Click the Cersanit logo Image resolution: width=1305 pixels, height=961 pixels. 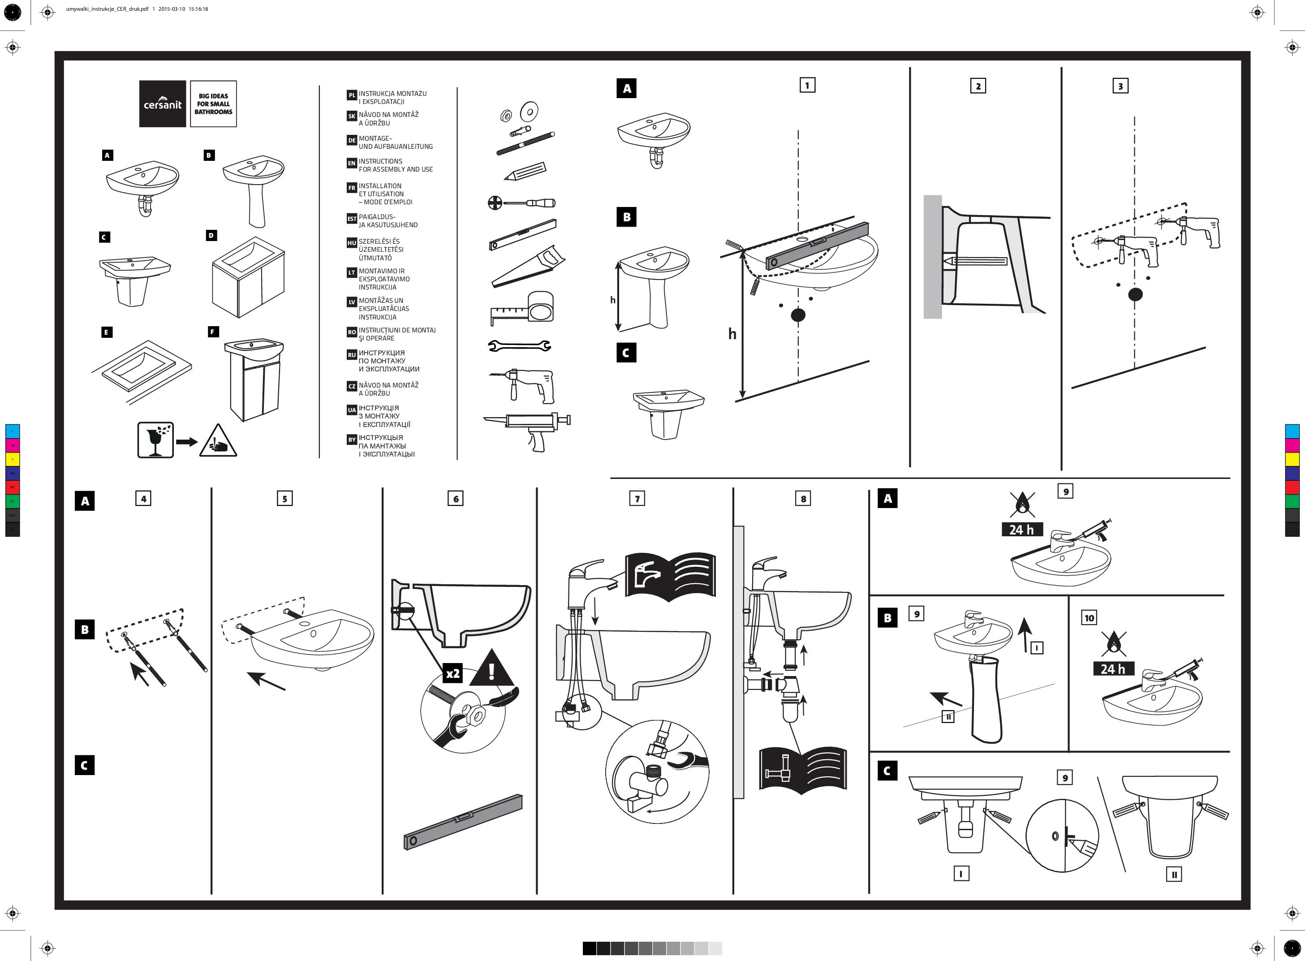pyautogui.click(x=162, y=103)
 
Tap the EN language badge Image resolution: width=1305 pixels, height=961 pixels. pyautogui.click(x=351, y=164)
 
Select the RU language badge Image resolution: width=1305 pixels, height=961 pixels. pyautogui.click(x=351, y=355)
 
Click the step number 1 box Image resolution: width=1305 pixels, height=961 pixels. pyautogui.click(x=807, y=86)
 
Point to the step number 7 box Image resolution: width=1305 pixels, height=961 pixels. pyautogui.click(x=637, y=499)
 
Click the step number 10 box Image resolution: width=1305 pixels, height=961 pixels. pyautogui.click(x=1089, y=618)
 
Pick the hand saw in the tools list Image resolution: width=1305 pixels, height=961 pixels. pyautogui.click(x=527, y=267)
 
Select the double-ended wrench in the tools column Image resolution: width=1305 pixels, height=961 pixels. pyautogui.click(x=519, y=346)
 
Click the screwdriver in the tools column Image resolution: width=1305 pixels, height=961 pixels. pyautogui.click(x=521, y=203)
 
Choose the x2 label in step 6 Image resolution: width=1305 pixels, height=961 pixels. pyautogui.click(x=452, y=674)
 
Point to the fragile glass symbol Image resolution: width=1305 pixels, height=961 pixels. pyautogui.click(x=155, y=440)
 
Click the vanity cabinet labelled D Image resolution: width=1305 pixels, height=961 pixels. pyautogui.click(x=248, y=277)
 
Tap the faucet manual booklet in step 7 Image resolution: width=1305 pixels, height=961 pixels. pyautogui.click(x=669, y=575)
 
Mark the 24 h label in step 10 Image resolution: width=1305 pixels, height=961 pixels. pyautogui.click(x=1112, y=669)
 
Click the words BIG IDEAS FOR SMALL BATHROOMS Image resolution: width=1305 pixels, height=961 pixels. pyautogui.click(x=213, y=103)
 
